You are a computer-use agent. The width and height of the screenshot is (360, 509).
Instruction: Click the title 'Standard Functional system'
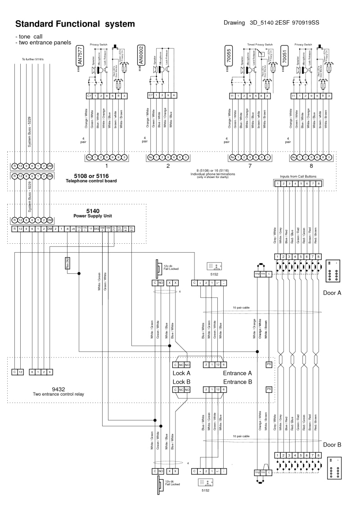[x=75, y=23]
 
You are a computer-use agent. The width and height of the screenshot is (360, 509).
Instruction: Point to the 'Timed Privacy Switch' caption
[x=260, y=45]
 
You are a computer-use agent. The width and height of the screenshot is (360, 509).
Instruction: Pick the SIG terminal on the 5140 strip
[x=96, y=229]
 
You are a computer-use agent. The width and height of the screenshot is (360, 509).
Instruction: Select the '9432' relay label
[x=59, y=389]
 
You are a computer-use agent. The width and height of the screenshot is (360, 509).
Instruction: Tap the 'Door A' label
[x=332, y=293]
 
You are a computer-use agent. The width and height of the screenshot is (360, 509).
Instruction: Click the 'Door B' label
[x=332, y=445]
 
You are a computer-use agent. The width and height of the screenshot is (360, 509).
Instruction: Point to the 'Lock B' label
[x=182, y=381]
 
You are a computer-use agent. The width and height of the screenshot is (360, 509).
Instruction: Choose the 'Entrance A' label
[x=237, y=373]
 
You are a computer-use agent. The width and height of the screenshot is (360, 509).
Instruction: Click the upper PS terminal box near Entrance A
[x=269, y=365]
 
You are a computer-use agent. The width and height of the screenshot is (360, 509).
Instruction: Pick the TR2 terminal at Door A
[x=257, y=273]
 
